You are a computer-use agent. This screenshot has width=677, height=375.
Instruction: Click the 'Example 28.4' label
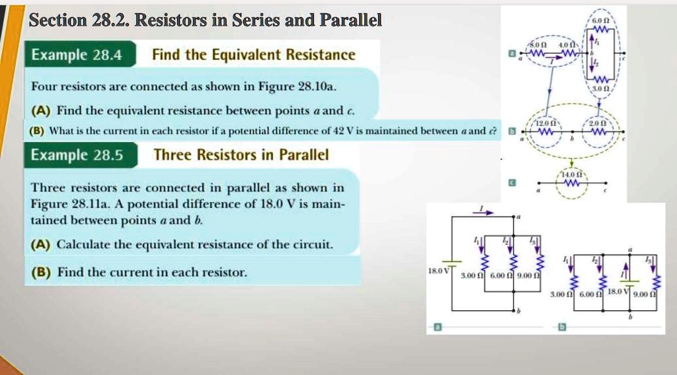tap(77, 55)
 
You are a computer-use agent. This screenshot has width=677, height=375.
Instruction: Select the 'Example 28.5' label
tap(77, 155)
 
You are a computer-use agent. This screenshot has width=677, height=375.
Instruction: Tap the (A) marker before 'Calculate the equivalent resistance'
tap(40, 244)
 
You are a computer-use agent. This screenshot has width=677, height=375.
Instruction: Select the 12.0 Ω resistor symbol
tap(547, 133)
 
